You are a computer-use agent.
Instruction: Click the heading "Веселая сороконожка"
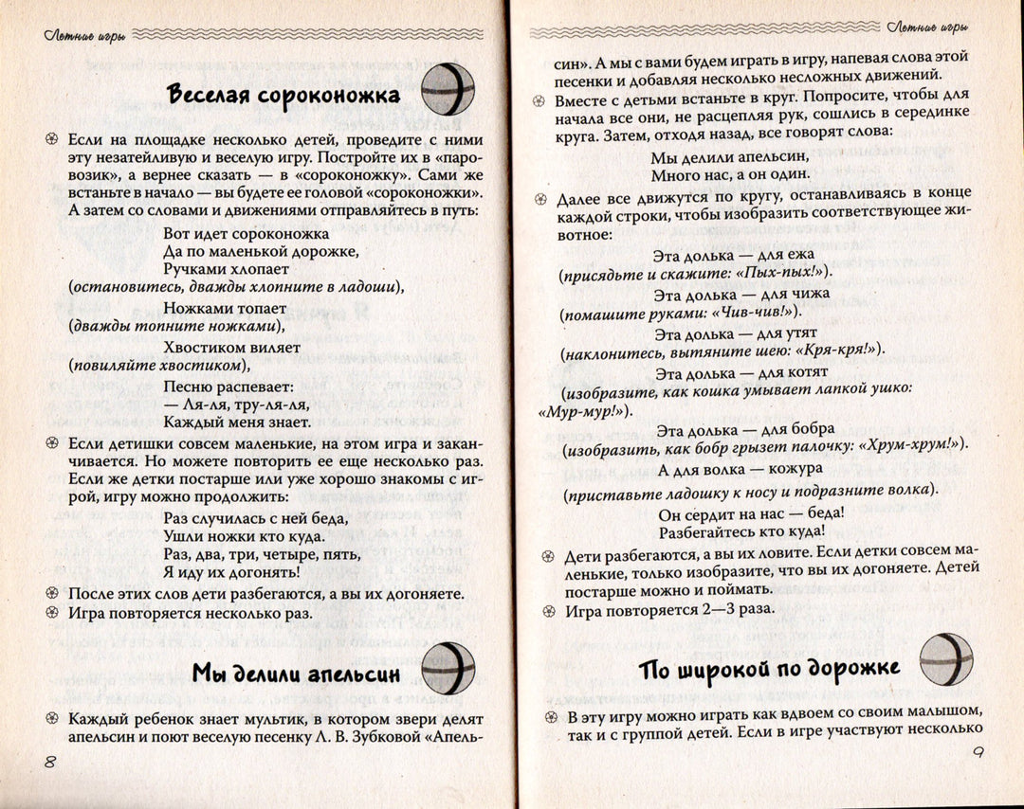pyautogui.click(x=283, y=96)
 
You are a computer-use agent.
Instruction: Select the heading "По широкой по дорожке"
pyautogui.click(x=769, y=669)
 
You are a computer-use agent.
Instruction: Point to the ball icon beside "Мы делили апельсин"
pyautogui.click(x=448, y=668)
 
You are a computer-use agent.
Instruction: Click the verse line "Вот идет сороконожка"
pyautogui.click(x=246, y=233)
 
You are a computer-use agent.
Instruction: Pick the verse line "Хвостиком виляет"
pyautogui.click(x=231, y=348)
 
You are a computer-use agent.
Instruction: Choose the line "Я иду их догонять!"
pyautogui.click(x=231, y=572)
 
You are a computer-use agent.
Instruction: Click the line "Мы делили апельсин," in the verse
pyautogui.click(x=730, y=156)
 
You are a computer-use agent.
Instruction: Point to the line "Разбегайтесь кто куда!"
pyautogui.click(x=741, y=531)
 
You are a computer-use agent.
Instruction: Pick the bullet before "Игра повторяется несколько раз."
pyautogui.click(x=52, y=613)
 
